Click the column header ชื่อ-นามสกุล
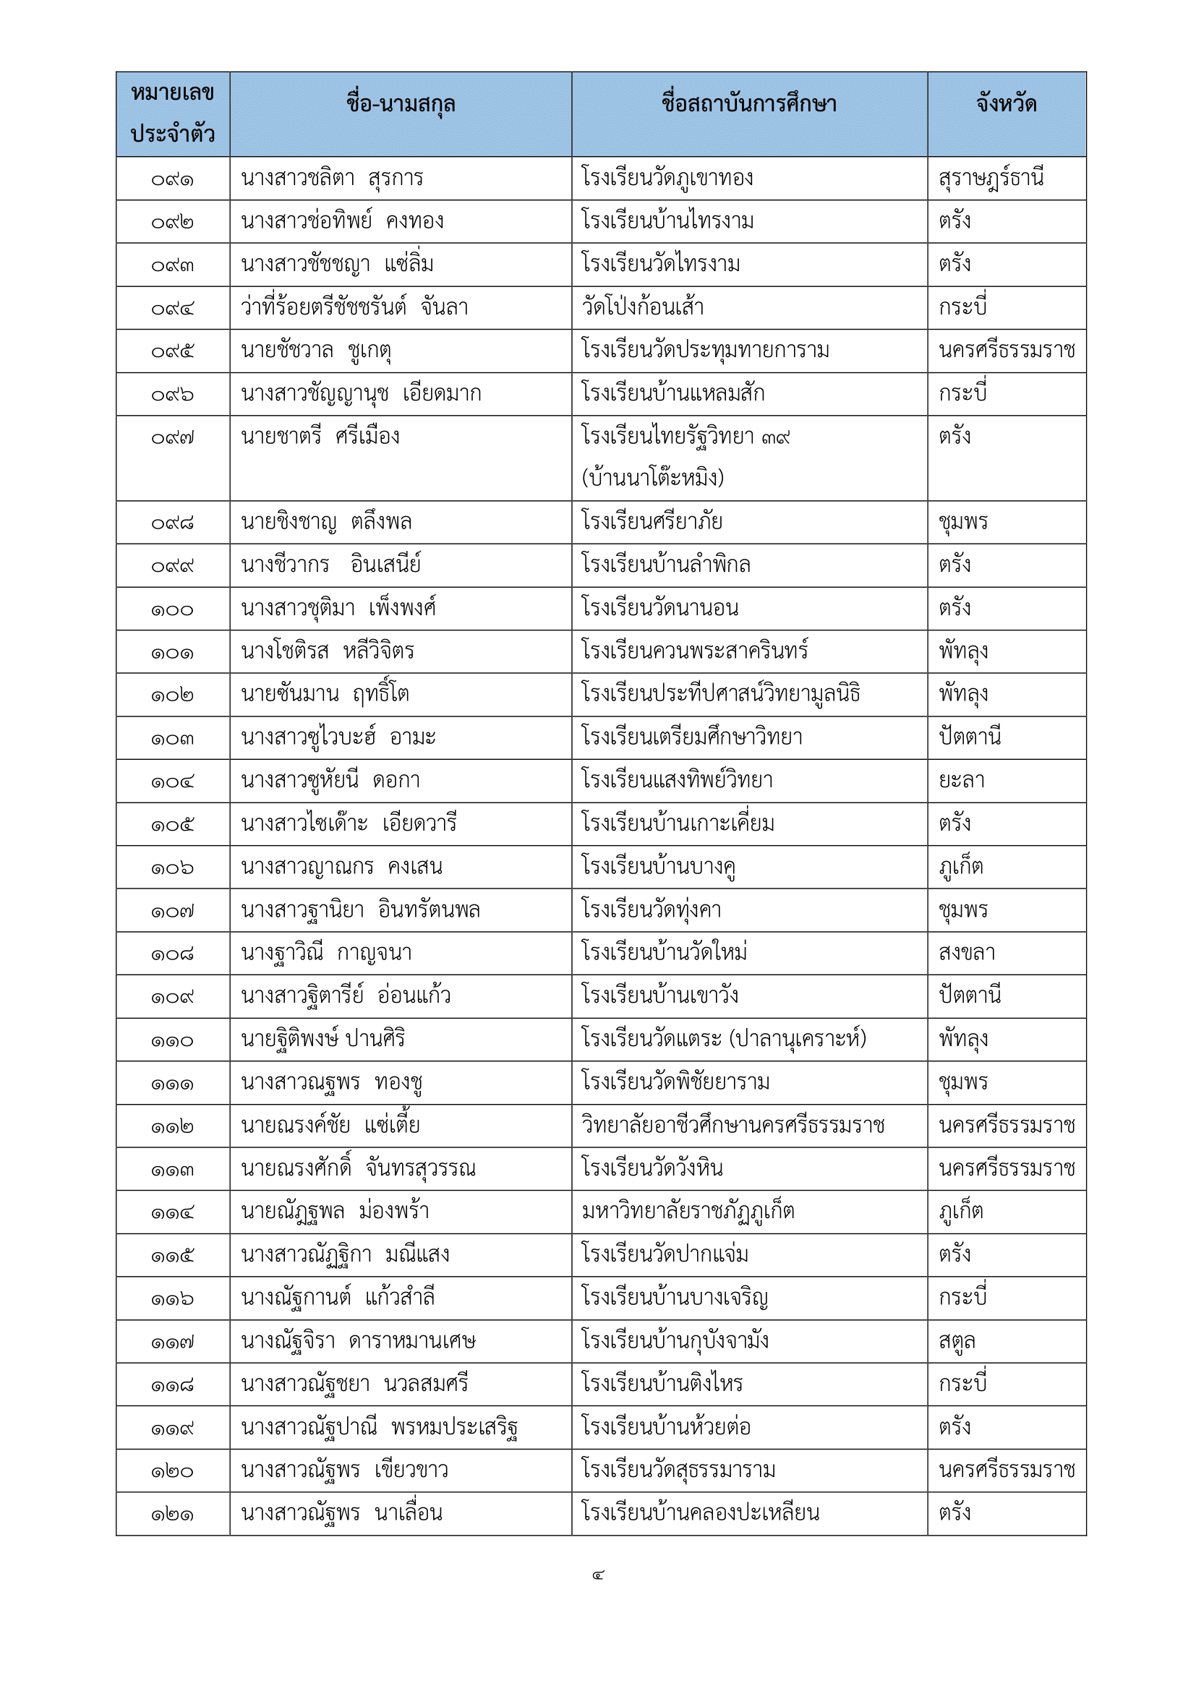[401, 105]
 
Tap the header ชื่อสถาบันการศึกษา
[749, 105]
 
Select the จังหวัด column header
[1006, 105]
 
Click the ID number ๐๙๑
[172, 180]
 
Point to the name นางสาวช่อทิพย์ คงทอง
[343, 222]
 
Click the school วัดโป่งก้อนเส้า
[643, 307]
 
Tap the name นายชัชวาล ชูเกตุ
[316, 351]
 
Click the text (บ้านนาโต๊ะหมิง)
[652, 479]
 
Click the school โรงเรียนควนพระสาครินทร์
[694, 652]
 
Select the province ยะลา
[962, 781]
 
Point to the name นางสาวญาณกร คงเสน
[342, 868]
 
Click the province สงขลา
[967, 953]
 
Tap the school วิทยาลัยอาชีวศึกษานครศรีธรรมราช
[732, 1126]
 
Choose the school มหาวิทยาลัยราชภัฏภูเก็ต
[688, 1212]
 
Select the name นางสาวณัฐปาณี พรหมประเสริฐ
[380, 1427]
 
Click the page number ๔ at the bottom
[598, 1575]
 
